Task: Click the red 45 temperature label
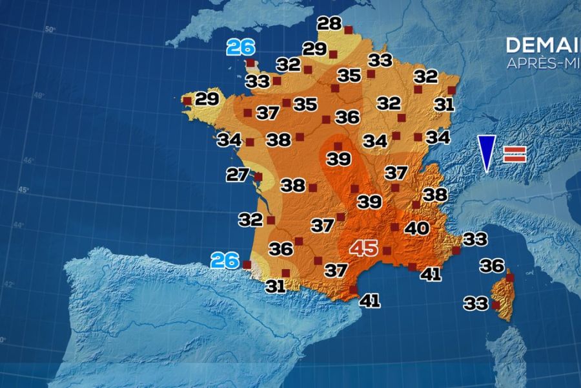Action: coord(363,248)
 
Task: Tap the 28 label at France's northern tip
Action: coord(329,25)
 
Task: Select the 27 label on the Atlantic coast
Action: coord(238,175)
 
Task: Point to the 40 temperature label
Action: coord(417,228)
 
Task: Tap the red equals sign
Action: coord(515,154)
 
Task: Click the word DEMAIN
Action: coord(542,45)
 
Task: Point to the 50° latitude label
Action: coord(50,30)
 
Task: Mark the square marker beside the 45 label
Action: coord(387,250)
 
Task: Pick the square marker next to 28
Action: coord(348,30)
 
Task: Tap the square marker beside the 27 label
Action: coord(258,177)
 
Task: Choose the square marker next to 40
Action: coord(394,227)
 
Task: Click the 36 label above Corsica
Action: coord(492,265)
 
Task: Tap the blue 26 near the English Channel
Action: coord(241,47)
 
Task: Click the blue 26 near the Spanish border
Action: coord(225,261)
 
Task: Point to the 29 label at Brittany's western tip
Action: coord(207,100)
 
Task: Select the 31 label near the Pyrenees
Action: coord(276,286)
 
